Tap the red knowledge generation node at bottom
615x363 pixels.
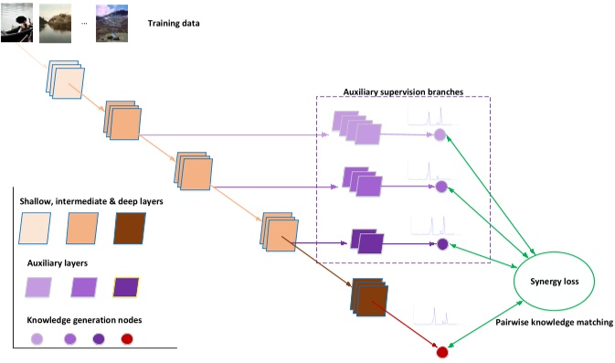click(442, 352)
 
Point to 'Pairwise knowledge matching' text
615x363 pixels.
click(552, 323)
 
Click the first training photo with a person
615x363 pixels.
click(17, 22)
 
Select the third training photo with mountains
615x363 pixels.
click(111, 22)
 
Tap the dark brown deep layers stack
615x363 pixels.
click(367, 298)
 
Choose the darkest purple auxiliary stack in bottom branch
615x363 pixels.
click(367, 242)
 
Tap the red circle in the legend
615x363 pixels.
click(127, 338)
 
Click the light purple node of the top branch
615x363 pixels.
click(439, 135)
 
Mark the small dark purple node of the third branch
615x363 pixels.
click(442, 244)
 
